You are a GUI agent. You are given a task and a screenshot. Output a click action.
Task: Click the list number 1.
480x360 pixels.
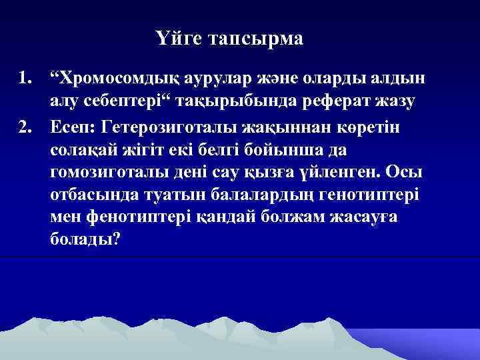coord(25,79)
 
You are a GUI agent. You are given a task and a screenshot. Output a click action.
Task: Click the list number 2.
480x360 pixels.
coord(25,125)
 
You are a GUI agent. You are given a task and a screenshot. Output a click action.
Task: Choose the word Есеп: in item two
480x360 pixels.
coord(72,125)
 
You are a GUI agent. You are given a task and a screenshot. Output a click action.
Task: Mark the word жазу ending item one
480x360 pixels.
coord(397,101)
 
